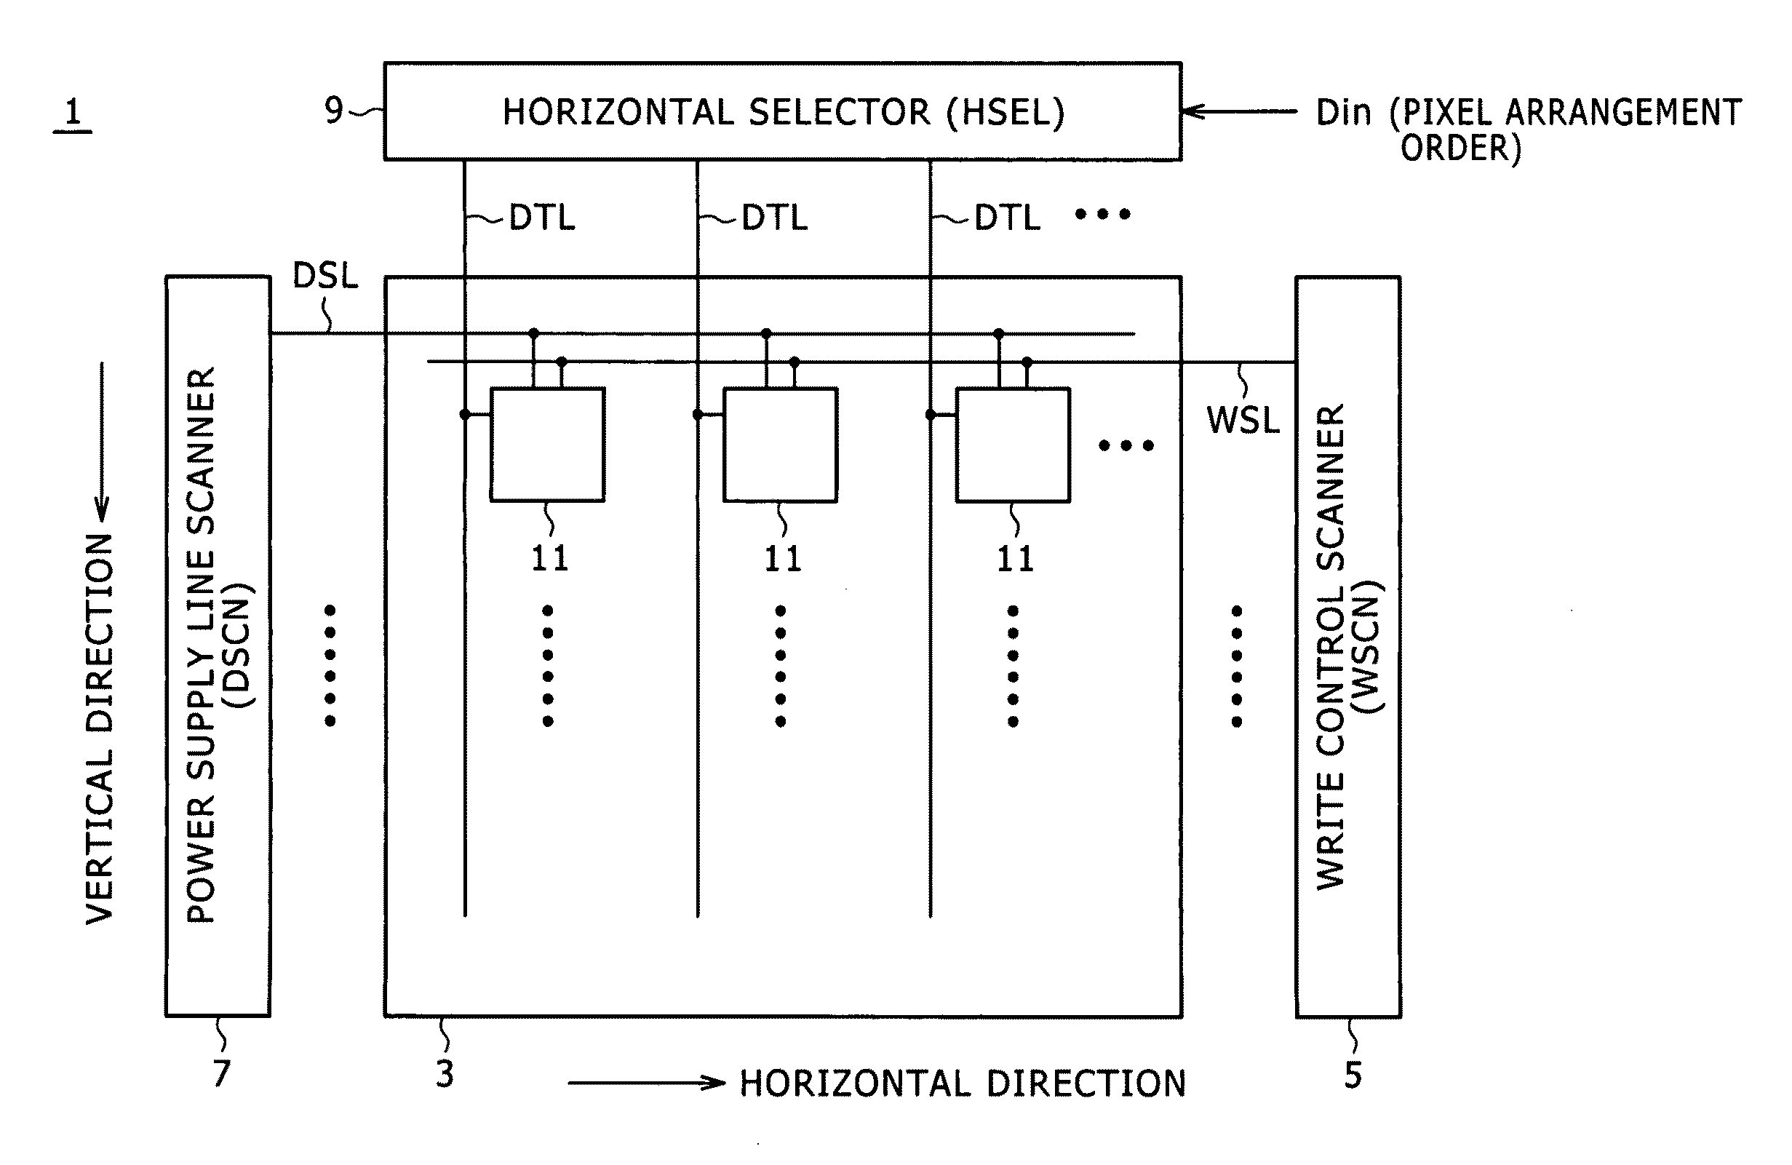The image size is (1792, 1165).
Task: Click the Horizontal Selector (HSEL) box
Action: [x=782, y=111]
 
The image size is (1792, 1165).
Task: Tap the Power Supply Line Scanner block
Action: [x=218, y=646]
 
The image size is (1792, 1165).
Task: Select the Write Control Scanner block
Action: [x=1347, y=646]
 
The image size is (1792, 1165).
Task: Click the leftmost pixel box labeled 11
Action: [x=547, y=445]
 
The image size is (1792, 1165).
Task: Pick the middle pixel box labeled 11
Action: [x=780, y=445]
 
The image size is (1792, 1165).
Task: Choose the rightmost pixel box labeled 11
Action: [x=1013, y=445]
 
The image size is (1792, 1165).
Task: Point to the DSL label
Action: [x=324, y=277]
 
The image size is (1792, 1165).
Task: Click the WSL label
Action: [x=1243, y=420]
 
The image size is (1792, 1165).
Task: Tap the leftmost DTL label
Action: [x=542, y=218]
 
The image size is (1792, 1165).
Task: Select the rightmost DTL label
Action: [x=1008, y=218]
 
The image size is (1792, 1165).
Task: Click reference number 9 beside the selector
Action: [x=333, y=111]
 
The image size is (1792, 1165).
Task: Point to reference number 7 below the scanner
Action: [x=220, y=1073]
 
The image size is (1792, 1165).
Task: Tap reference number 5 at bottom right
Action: [x=1353, y=1075]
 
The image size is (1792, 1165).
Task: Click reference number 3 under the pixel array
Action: [x=445, y=1074]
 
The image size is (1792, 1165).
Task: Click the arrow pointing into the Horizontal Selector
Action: [x=1238, y=111]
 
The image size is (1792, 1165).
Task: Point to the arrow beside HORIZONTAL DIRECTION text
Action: [x=646, y=1083]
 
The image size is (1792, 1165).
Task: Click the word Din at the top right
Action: [x=1343, y=113]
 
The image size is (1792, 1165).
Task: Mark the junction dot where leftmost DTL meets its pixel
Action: [x=465, y=414]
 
